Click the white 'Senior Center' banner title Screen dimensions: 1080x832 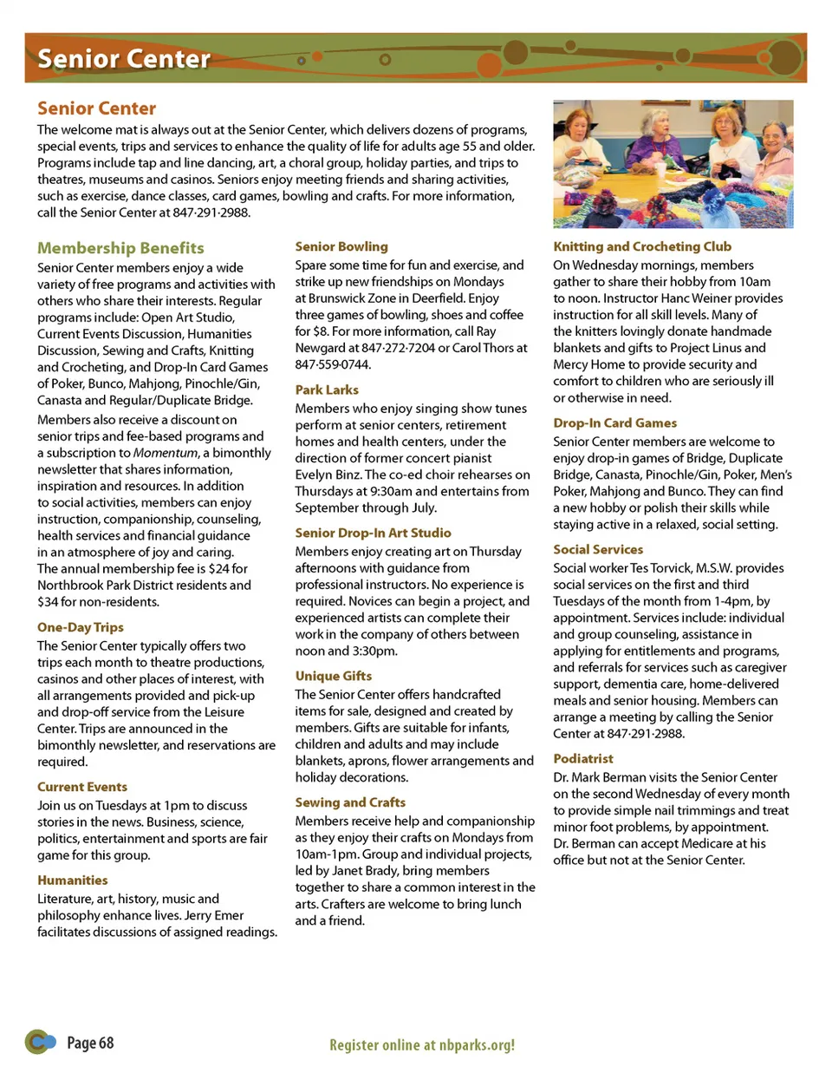[x=124, y=59]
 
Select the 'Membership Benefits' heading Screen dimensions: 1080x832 [x=120, y=248]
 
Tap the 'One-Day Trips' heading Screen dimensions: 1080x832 [x=81, y=627]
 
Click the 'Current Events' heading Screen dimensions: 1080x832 [x=82, y=787]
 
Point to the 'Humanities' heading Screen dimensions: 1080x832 [x=73, y=880]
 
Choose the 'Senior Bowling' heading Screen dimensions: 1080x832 [x=341, y=246]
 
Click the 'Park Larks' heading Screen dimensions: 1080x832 [x=327, y=390]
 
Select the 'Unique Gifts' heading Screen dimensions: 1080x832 [x=334, y=676]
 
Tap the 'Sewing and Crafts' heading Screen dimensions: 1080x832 [x=350, y=802]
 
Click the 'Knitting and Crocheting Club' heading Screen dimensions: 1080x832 [x=642, y=246]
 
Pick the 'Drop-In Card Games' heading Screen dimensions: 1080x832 [x=615, y=423]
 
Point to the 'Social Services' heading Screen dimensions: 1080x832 [x=598, y=550]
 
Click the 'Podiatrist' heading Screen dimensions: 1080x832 [x=583, y=759]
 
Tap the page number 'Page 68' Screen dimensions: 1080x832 [x=90, y=1044]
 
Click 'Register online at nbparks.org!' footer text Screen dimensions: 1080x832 [x=422, y=1045]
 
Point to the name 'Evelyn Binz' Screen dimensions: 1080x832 [x=328, y=475]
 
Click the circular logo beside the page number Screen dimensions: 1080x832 [x=39, y=1042]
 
